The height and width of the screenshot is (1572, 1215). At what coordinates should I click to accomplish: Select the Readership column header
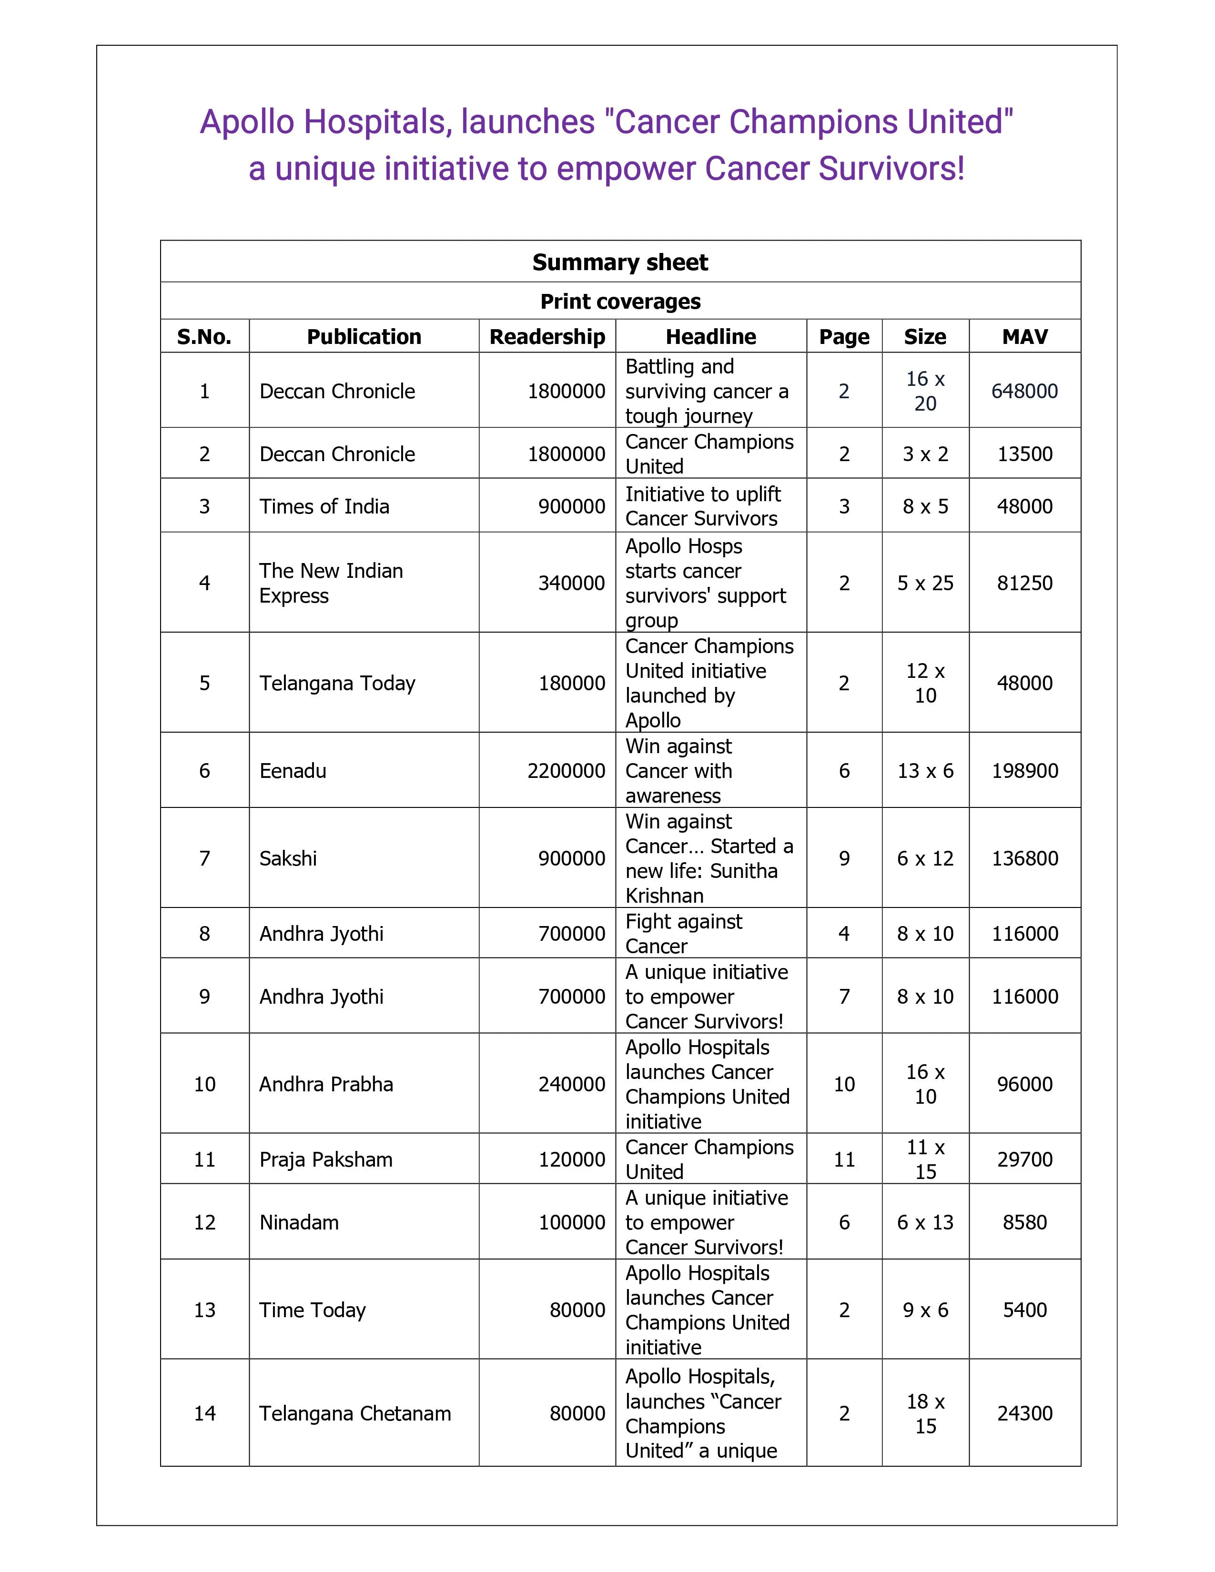click(547, 337)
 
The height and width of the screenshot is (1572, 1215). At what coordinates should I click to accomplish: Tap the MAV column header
click(1024, 337)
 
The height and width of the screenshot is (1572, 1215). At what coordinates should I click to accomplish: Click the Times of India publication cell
click(324, 507)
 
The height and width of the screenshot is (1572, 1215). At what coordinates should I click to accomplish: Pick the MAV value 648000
click(1024, 392)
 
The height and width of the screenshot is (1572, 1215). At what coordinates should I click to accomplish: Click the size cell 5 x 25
click(925, 583)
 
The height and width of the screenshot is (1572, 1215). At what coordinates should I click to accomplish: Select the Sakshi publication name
click(288, 859)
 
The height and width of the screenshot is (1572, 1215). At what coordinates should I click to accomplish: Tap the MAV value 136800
click(1024, 859)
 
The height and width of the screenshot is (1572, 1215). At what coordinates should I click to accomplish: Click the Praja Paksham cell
click(326, 1159)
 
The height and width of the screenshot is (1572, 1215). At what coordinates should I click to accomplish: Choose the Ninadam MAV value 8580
click(1024, 1222)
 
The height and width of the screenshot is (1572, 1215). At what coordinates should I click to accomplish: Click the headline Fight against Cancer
click(683, 934)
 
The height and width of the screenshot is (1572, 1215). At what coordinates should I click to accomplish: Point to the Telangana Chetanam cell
click(355, 1414)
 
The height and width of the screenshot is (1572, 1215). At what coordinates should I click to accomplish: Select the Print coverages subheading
click(620, 302)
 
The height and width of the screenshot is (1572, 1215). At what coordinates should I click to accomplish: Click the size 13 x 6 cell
click(925, 771)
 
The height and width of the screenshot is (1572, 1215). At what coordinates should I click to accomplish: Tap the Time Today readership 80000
click(577, 1310)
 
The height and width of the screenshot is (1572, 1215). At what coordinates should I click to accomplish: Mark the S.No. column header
click(204, 337)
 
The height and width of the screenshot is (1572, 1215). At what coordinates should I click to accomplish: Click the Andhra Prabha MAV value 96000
click(1024, 1084)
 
